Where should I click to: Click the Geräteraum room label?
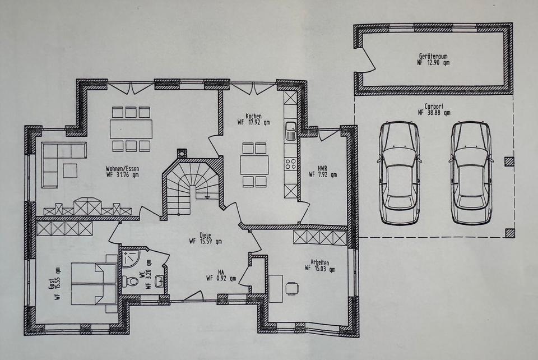coord(434,56)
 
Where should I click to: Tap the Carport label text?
coord(434,107)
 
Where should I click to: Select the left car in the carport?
coord(400,173)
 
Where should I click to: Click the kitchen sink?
coord(291,131)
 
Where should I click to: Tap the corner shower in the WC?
coord(129,258)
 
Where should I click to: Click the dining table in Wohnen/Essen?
coord(131,129)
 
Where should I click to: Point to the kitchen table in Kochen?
coord(254,165)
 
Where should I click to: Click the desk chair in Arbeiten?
coord(291,288)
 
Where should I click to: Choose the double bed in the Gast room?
coord(95,284)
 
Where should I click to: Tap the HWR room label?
coord(322,168)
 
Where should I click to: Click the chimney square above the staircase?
coord(182,154)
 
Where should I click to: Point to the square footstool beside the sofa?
coord(70,170)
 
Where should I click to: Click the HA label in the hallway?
coord(221,272)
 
